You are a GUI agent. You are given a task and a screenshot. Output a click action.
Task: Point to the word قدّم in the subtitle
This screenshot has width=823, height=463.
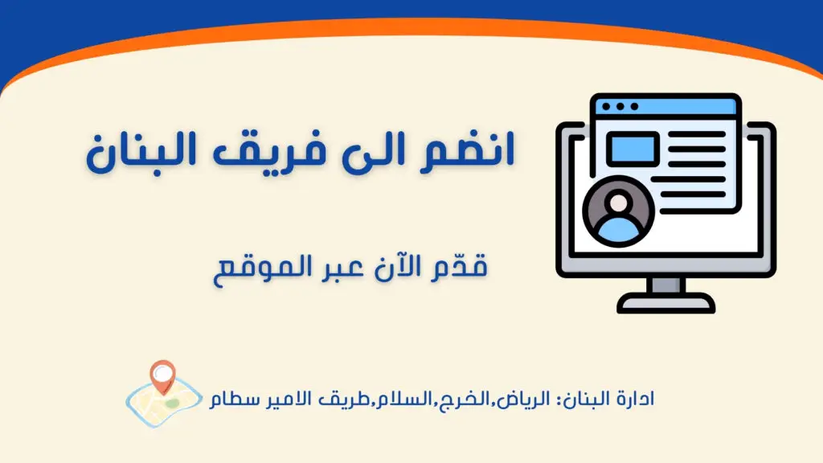pos(459,265)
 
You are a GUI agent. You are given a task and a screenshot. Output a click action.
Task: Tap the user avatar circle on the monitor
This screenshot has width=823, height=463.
pos(619,211)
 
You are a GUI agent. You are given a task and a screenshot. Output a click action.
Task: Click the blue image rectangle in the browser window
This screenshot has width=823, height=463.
pos(633,149)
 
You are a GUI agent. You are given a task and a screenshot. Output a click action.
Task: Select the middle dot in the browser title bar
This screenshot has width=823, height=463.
pos(620,107)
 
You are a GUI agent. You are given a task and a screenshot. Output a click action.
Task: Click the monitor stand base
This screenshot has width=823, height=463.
pos(666,303)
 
